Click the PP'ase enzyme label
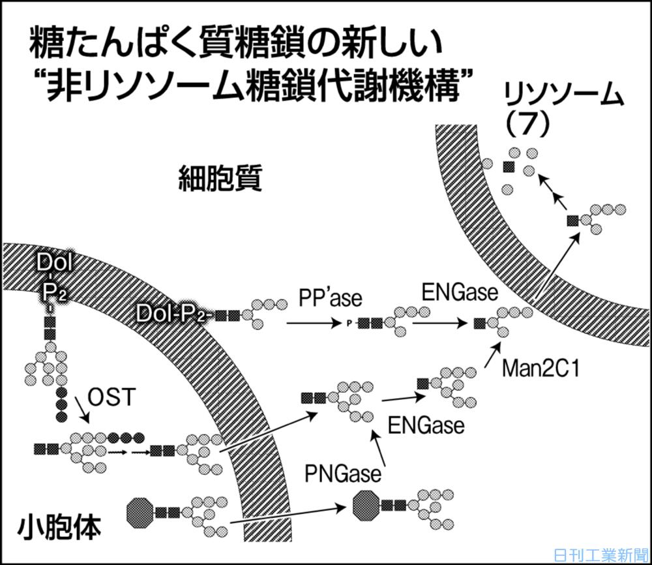[331, 299]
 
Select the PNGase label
[342, 473]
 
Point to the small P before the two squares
[349, 322]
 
